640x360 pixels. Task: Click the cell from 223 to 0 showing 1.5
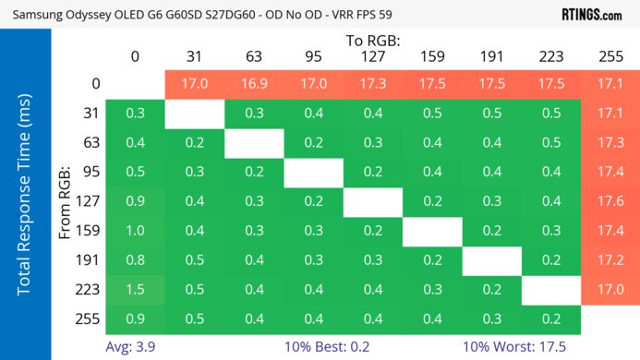pyautogui.click(x=135, y=289)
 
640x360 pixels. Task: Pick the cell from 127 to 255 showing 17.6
pyautogui.click(x=610, y=201)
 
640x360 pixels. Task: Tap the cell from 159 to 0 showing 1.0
pyautogui.click(x=135, y=231)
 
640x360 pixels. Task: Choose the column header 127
pyautogui.click(x=373, y=57)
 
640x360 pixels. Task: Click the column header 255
pyautogui.click(x=610, y=57)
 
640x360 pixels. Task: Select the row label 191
pyautogui.click(x=88, y=260)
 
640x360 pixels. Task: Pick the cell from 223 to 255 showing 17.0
pyautogui.click(x=610, y=289)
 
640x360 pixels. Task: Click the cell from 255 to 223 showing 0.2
pyautogui.click(x=551, y=318)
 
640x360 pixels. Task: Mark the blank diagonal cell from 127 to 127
pyautogui.click(x=373, y=201)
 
